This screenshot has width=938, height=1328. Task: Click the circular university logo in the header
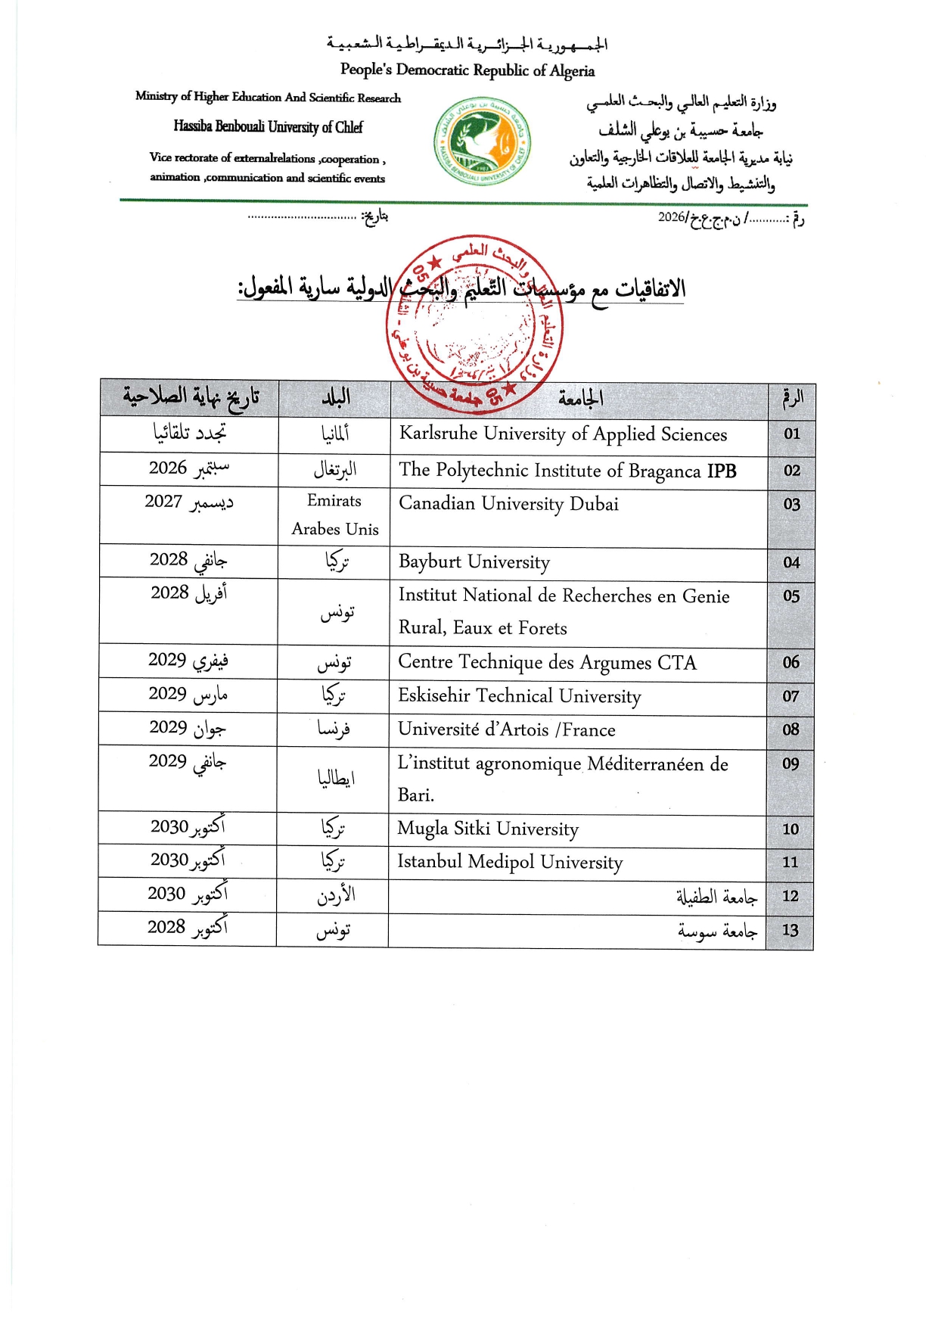482,142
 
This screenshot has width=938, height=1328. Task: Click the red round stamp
474,323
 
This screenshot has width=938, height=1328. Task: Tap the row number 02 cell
791,471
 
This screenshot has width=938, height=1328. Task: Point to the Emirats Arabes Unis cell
334,515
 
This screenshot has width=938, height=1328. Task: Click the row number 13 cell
790,930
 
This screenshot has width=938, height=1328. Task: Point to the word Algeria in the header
573,71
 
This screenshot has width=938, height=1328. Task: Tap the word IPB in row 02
722,471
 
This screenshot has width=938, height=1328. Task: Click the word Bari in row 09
415,795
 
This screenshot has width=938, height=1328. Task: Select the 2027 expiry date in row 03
163,502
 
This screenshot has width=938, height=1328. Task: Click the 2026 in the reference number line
671,217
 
